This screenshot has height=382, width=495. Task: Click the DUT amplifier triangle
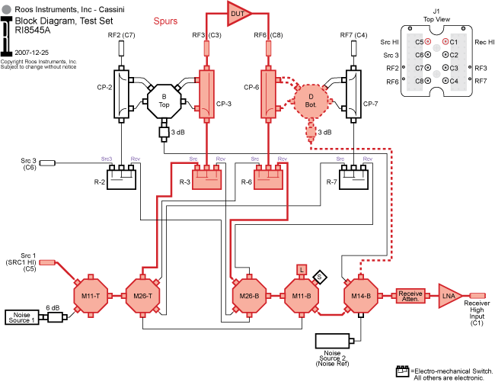click(238, 14)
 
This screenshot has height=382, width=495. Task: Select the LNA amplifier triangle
click(449, 296)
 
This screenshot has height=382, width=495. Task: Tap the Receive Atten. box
click(410, 296)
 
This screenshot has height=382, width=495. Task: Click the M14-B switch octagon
click(361, 296)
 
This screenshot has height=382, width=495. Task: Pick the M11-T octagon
click(91, 296)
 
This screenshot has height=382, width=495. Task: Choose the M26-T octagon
click(142, 296)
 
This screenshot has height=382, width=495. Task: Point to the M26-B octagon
click(249, 296)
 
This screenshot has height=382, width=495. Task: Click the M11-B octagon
click(302, 296)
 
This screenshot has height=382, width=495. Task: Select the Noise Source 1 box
click(22, 317)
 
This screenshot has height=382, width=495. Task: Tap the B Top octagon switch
click(164, 101)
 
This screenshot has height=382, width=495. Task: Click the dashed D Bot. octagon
click(311, 101)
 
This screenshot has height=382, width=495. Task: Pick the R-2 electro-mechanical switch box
click(122, 179)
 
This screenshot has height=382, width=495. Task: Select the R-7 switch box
click(353, 179)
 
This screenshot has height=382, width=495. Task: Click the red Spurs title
click(165, 21)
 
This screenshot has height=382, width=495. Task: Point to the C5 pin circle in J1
click(428, 41)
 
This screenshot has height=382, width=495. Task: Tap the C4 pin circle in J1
click(445, 81)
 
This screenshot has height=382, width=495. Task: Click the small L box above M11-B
click(302, 269)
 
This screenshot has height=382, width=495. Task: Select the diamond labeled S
click(320, 277)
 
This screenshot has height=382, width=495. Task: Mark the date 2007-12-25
click(31, 53)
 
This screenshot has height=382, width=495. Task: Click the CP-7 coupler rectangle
click(353, 94)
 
